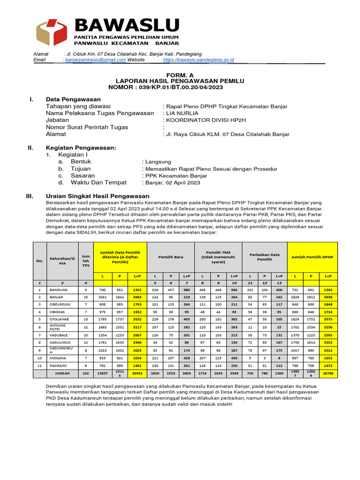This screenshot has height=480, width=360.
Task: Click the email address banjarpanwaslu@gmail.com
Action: (96, 60)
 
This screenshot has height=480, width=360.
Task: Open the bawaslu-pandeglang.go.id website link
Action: (197, 60)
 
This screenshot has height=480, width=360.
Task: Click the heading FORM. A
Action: (180, 75)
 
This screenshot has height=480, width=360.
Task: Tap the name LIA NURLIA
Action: (180, 113)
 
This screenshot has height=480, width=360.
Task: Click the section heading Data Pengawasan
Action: (73, 99)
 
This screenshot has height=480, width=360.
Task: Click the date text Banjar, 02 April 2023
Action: (172, 183)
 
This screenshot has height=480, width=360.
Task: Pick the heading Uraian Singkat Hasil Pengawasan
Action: (97, 196)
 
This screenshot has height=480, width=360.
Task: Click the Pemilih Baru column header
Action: (171, 257)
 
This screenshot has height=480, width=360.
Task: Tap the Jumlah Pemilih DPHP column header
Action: (313, 257)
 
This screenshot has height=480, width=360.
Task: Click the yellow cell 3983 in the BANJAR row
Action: (137, 297)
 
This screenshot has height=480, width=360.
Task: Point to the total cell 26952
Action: (137, 374)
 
